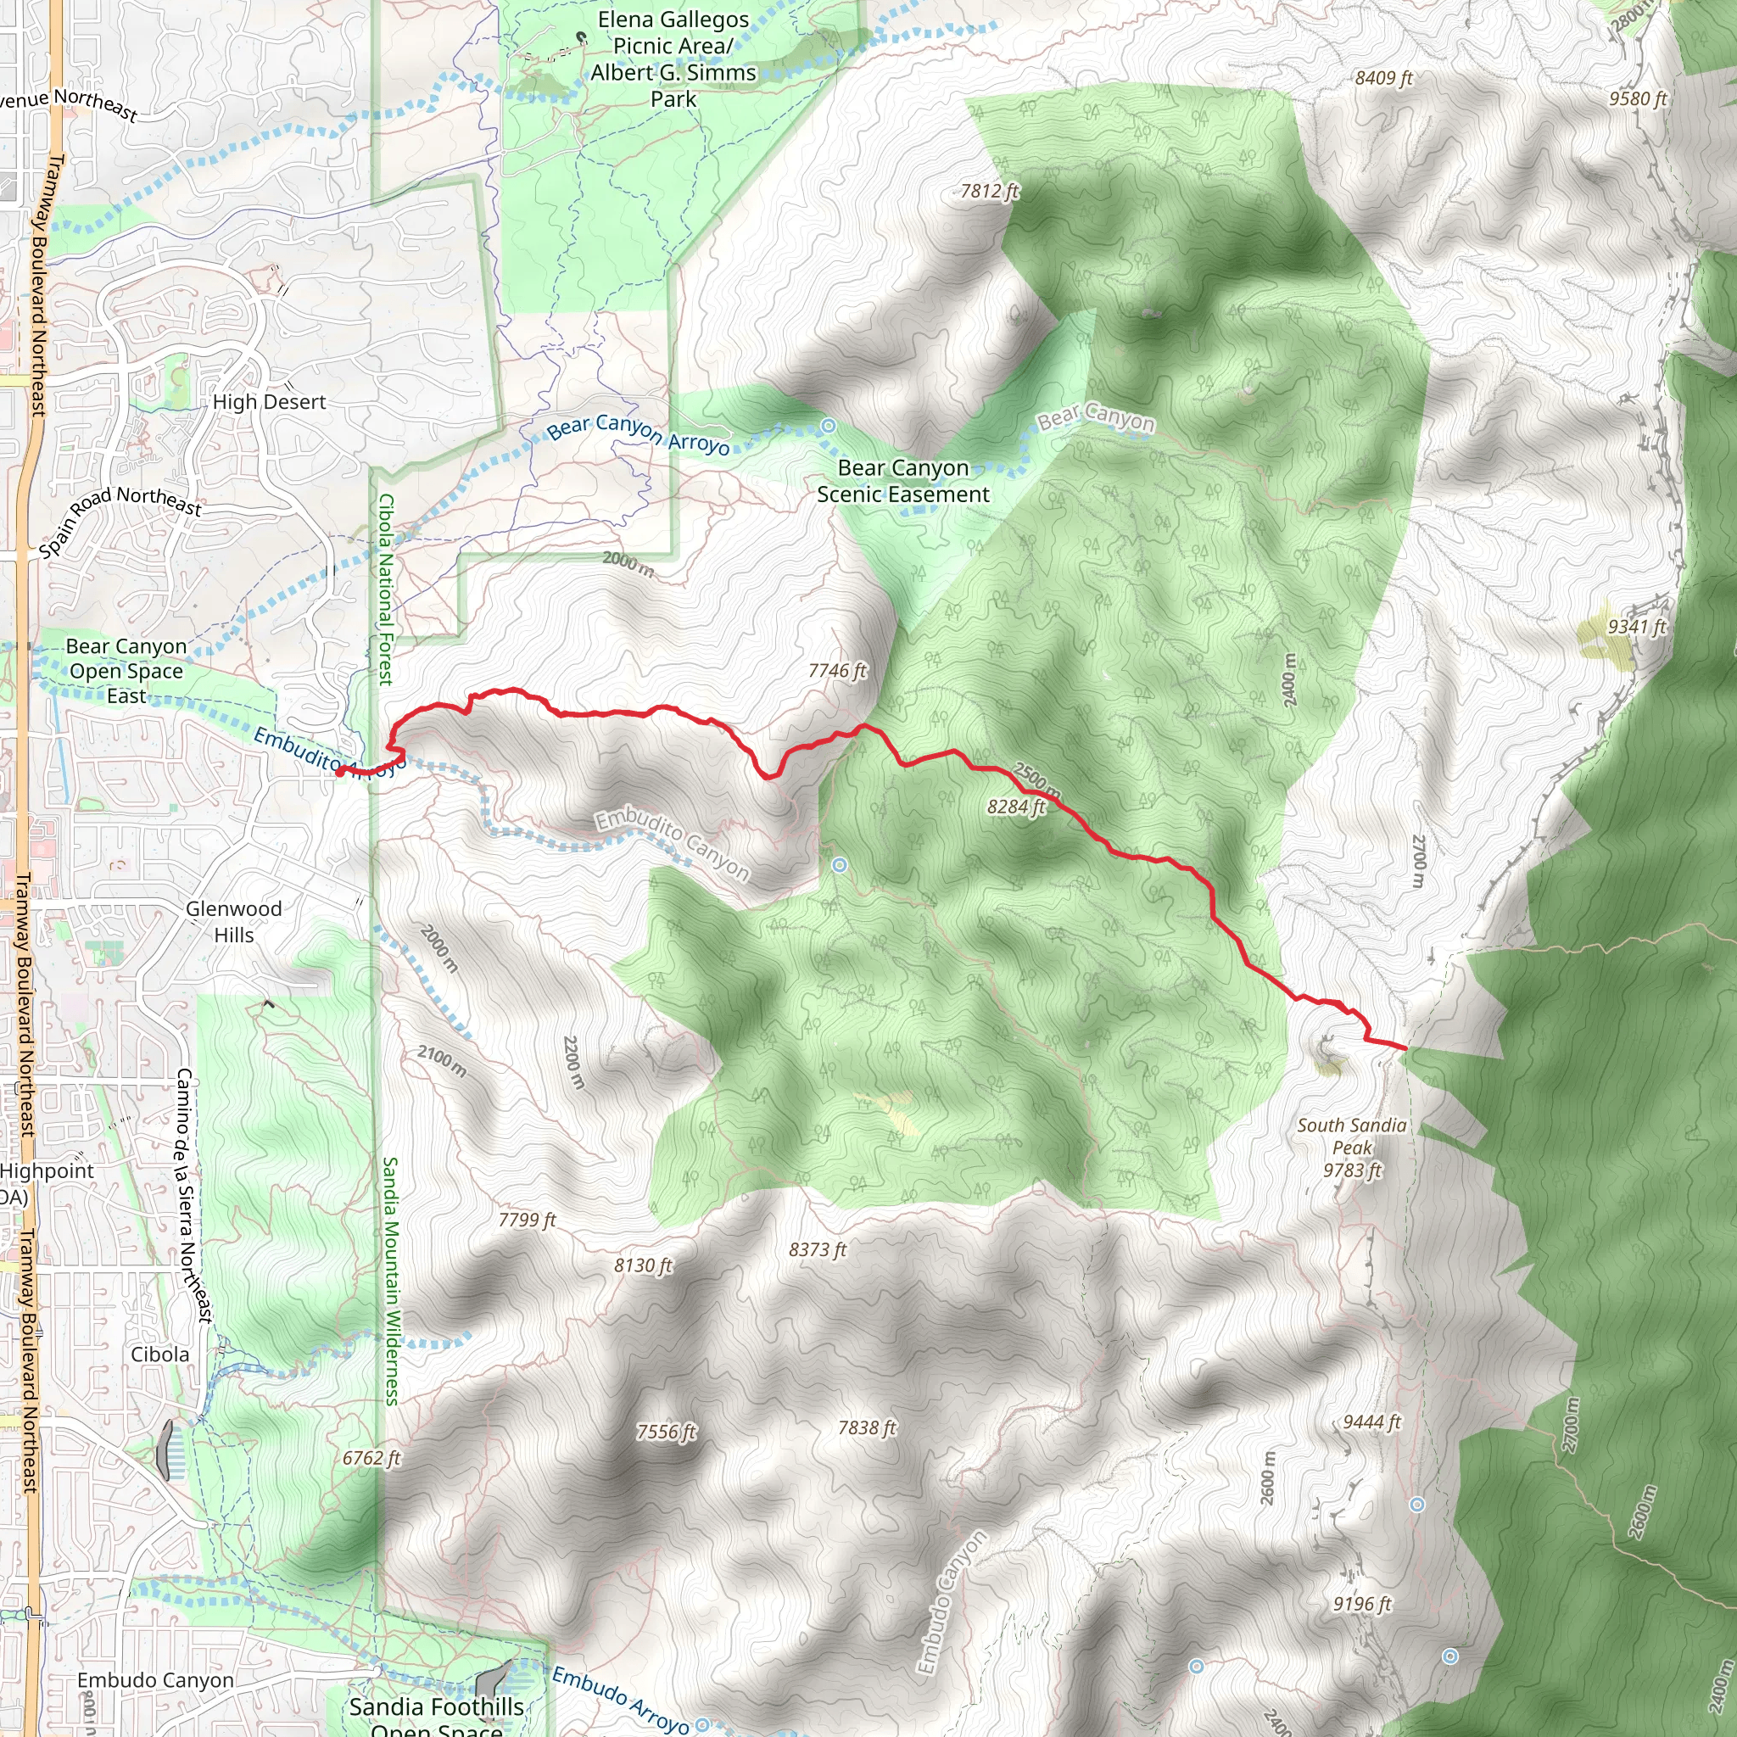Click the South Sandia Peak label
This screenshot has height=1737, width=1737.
(x=1351, y=1148)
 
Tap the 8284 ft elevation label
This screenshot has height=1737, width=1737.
(x=1016, y=807)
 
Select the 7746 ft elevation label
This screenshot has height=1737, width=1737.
(x=837, y=671)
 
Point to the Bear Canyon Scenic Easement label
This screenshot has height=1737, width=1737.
(x=902, y=481)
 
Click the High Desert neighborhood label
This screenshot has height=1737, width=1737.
(x=269, y=402)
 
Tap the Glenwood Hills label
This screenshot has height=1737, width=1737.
(x=234, y=922)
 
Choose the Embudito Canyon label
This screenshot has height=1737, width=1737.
(x=672, y=844)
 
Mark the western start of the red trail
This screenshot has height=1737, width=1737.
(x=339, y=770)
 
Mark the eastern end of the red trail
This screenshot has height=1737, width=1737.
(x=1405, y=1048)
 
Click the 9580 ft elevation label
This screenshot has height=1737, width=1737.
(x=1638, y=99)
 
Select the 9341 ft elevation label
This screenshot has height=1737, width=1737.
(x=1637, y=627)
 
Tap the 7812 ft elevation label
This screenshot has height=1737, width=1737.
(x=989, y=191)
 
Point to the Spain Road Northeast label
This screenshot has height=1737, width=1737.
(x=120, y=520)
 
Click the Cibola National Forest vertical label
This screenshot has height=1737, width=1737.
(x=386, y=589)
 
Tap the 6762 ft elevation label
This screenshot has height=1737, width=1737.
(x=371, y=1457)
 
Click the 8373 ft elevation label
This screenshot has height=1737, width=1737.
(x=818, y=1249)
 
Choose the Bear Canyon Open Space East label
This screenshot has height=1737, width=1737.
(x=126, y=671)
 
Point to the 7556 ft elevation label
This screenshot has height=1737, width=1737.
(x=666, y=1432)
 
